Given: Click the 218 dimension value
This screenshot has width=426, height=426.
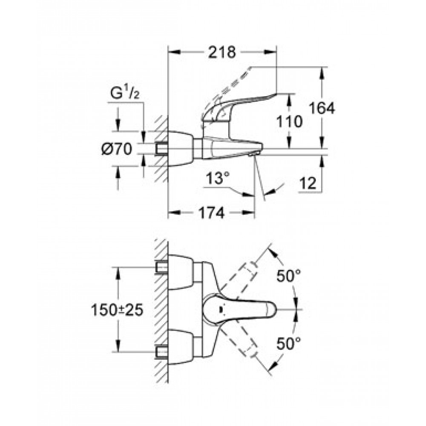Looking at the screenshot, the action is point(222,52).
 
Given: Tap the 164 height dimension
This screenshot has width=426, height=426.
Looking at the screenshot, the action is point(322,108).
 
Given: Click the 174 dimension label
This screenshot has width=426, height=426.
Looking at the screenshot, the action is point(212,213).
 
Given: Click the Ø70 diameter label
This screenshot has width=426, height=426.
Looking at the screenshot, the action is point(117,149).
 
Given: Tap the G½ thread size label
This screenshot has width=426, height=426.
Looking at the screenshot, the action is point(125,93).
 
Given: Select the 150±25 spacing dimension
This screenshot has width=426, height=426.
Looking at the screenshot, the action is point(117,310).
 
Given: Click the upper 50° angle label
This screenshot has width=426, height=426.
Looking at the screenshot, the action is point(288,276).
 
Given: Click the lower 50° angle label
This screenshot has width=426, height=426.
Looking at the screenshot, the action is point(288,344).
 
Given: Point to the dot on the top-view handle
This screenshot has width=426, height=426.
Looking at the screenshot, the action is point(220,309).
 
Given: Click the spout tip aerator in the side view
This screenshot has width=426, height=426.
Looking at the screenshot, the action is point(252,154).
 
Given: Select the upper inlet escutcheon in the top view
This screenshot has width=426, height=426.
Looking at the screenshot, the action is point(181,272).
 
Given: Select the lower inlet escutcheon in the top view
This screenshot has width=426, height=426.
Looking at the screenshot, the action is point(181,347).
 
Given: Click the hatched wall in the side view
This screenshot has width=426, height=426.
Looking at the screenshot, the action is point(161,148).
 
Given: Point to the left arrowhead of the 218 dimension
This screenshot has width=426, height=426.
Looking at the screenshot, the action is point(174,52).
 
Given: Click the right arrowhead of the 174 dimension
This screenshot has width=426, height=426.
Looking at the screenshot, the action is point(249,213).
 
